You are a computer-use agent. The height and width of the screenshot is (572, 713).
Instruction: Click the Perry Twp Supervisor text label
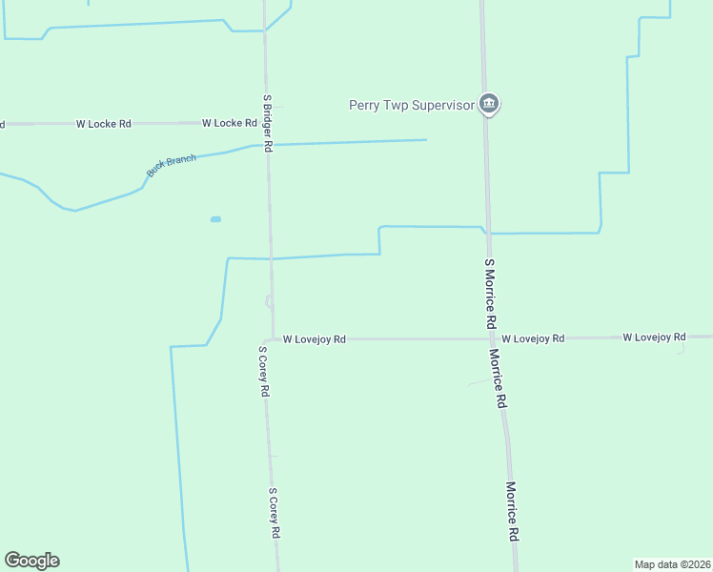coord(411,105)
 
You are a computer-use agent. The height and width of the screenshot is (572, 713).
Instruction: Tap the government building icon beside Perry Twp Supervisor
coord(489,104)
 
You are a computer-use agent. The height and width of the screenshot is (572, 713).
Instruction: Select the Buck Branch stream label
coord(172,165)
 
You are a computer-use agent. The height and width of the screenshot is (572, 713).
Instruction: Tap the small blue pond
coord(215,219)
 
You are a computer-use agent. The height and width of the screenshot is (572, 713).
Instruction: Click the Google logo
coord(31,561)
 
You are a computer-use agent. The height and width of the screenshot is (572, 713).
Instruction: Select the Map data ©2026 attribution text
coord(672,563)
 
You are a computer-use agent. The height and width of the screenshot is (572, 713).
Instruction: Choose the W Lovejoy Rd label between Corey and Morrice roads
coord(314,338)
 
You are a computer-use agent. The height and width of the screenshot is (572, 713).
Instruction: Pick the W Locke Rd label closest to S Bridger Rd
coord(230,123)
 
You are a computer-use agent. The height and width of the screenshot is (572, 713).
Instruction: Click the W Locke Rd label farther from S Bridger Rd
coord(104,124)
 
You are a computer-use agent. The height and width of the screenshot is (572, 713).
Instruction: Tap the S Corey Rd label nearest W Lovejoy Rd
coord(264,371)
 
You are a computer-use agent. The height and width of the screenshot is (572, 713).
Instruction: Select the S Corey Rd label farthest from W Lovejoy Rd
coord(274,514)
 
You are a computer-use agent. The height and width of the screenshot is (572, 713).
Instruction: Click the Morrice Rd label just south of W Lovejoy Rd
coord(498,378)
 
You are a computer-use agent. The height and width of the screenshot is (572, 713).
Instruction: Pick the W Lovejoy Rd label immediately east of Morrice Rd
coord(533,338)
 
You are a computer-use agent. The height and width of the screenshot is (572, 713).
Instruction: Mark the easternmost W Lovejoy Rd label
coord(654,337)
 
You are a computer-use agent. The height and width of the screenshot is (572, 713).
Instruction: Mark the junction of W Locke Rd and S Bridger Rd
coord(267,123)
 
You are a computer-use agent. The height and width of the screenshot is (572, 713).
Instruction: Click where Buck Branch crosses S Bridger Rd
coord(268,145)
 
